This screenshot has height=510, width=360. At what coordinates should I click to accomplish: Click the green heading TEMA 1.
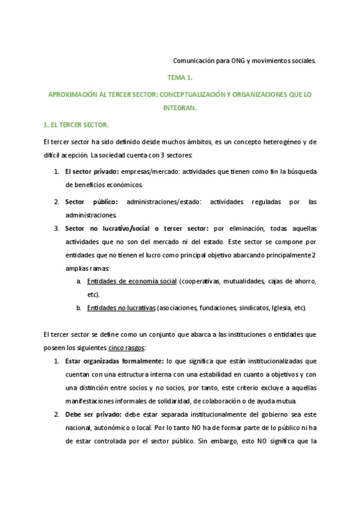coord(180,78)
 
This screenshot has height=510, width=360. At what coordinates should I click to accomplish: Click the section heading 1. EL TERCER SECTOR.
coord(76,124)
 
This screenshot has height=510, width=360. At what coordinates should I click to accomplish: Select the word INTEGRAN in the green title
coord(180,109)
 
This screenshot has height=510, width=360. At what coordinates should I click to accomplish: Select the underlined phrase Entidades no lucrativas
coord(121,308)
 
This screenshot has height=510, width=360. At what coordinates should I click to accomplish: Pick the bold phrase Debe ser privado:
coord(93,414)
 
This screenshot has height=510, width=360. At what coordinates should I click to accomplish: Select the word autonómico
coord(111,428)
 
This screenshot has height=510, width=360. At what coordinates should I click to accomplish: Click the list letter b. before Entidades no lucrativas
coord(79,308)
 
